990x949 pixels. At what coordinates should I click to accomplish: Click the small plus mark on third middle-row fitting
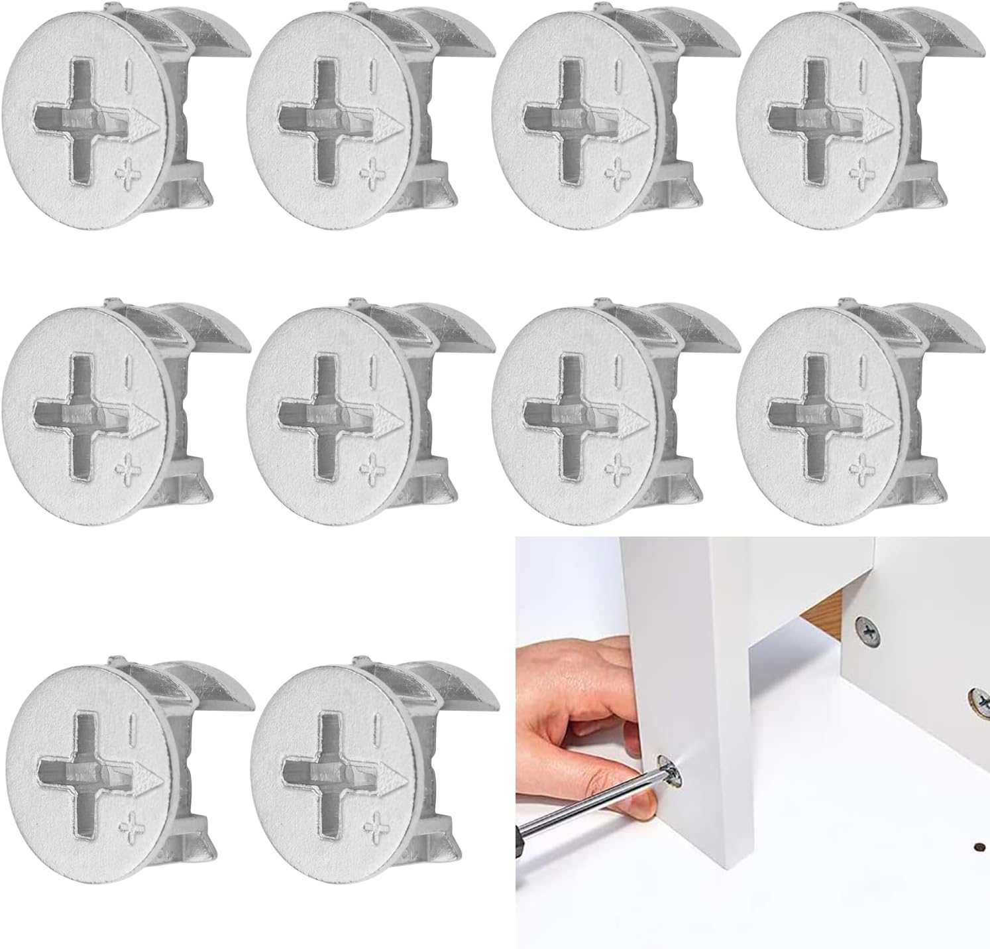pyautogui.click(x=617, y=469)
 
